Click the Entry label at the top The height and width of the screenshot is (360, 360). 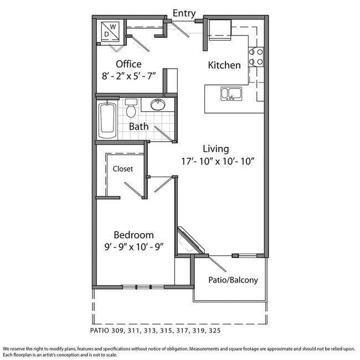tap(184, 13)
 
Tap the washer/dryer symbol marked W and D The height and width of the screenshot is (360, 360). tap(110, 32)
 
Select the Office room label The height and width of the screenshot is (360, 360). tap(128, 64)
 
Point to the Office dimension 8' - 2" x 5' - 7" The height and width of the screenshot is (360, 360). tap(129, 76)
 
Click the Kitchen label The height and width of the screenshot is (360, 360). tap(224, 65)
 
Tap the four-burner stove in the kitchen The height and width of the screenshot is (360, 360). tap(256, 57)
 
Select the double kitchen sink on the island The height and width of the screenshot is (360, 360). tap(231, 94)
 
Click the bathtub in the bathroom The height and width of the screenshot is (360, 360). tap(107, 120)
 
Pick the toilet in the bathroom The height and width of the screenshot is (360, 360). tap(131, 108)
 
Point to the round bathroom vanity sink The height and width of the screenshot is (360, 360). tap(158, 105)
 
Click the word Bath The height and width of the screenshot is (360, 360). tap(138, 126)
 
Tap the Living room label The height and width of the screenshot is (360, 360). tap(216, 149)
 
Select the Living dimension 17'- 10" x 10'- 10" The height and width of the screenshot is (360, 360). tap(218, 161)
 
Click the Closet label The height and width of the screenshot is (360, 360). tap(123, 169)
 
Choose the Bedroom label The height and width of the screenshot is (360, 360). tap(133, 235)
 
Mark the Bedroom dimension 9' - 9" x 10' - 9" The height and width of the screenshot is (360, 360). tap(134, 247)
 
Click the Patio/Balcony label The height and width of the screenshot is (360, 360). tap(233, 280)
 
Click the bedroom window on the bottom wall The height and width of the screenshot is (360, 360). tap(143, 287)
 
